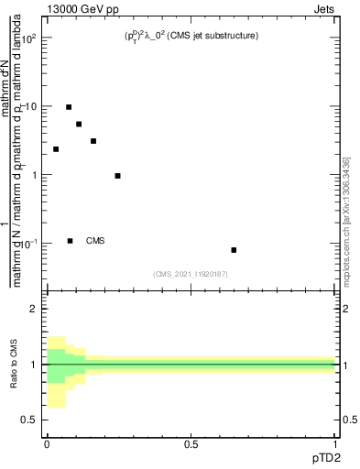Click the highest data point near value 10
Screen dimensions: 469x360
click(69, 107)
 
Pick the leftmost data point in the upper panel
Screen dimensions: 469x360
click(56, 149)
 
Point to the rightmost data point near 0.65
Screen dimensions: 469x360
click(234, 250)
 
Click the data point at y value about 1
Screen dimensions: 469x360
click(117, 176)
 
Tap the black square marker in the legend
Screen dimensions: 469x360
click(70, 241)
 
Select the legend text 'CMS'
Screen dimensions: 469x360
click(95, 241)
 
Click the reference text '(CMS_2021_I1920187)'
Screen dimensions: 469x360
click(191, 273)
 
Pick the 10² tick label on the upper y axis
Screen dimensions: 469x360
click(29, 38)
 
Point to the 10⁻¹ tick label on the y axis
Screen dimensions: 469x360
click(29, 244)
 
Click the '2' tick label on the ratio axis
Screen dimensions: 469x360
click(32, 309)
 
